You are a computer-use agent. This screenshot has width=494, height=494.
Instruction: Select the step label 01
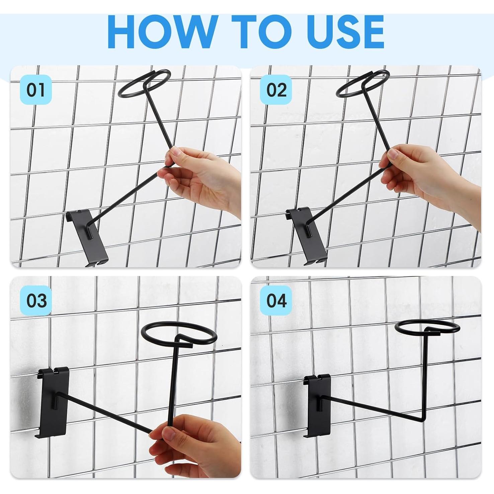[36, 90]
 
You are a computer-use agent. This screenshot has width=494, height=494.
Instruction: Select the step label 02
[276, 90]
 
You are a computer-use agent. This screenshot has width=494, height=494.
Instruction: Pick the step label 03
[36, 300]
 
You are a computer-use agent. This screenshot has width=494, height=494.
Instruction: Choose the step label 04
[276, 300]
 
